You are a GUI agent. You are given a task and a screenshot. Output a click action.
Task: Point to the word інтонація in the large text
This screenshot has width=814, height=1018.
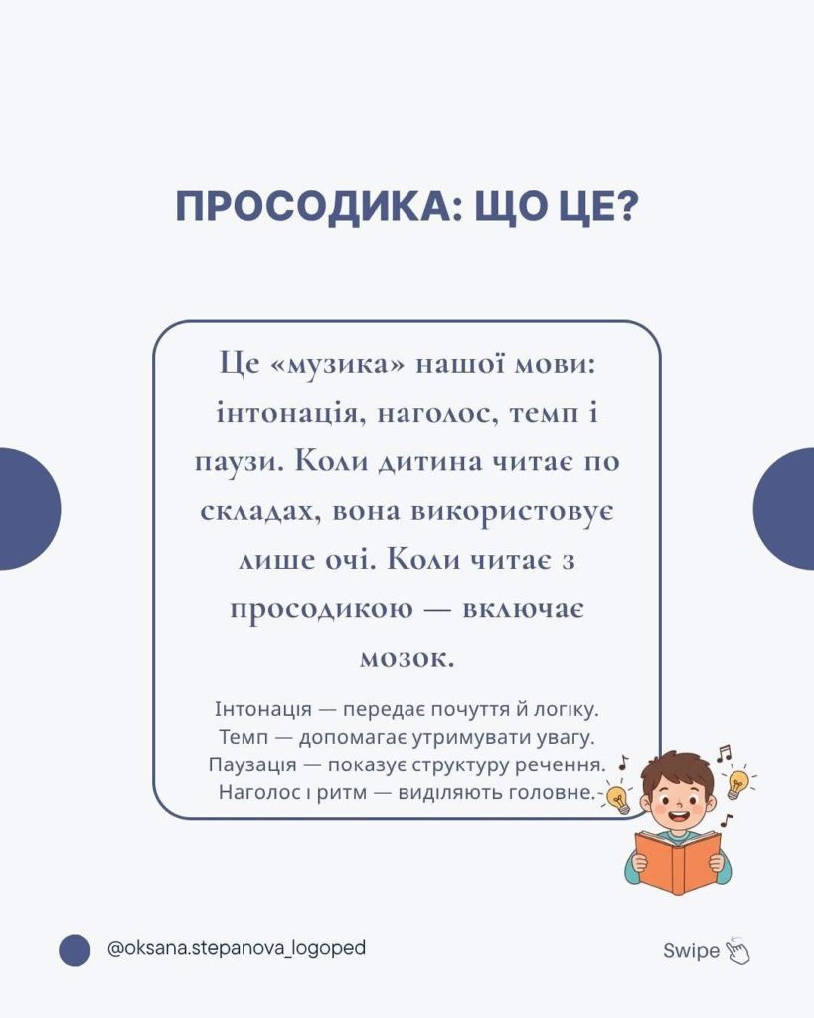pos(288,413)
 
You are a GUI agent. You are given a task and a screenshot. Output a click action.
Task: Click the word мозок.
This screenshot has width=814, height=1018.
pos(407,659)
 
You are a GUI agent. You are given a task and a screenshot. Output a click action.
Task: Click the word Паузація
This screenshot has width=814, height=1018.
pos(252,764)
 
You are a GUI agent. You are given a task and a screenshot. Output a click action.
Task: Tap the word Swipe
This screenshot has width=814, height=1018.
pos(692,951)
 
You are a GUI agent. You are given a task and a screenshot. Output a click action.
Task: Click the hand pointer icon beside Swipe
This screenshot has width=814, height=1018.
pos(737,951)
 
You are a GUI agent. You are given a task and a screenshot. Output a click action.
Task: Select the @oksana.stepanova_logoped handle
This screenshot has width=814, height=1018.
pos(237,949)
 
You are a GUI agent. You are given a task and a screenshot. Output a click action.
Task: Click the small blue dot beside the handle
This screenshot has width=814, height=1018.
pos(75,950)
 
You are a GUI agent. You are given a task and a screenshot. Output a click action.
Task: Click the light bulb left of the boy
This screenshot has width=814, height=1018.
pos(618,800)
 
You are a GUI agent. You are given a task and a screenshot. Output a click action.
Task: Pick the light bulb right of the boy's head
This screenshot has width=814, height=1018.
pos(737,783)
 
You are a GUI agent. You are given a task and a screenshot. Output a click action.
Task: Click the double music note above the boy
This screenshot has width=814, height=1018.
pos(724,753)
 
